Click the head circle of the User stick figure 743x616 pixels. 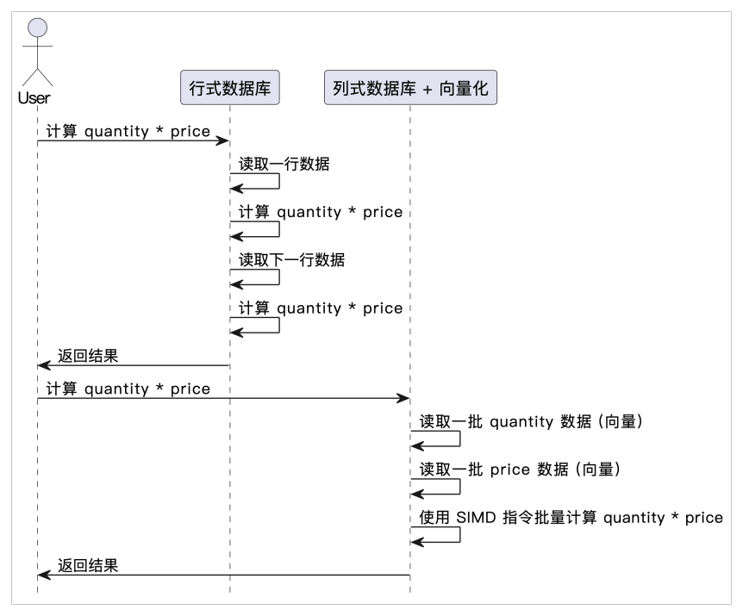pyautogui.click(x=36, y=28)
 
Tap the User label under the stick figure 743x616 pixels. pyautogui.click(x=34, y=97)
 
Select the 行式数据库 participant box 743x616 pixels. pyautogui.click(x=230, y=88)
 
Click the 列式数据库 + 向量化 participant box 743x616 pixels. pyautogui.click(x=410, y=88)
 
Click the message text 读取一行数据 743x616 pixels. pyautogui.click(x=284, y=164)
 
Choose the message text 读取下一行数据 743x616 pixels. pyautogui.click(x=291, y=259)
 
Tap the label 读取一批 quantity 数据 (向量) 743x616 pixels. pyautogui.click(x=531, y=421)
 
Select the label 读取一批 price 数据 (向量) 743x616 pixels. pyautogui.click(x=520, y=470)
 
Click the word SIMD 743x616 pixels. pyautogui.click(x=475, y=518)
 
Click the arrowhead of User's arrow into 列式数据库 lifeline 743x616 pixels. pyautogui.click(x=403, y=398)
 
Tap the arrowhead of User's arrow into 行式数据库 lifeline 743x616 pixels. pyautogui.click(x=222, y=140)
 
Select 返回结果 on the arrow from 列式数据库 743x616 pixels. pyautogui.click(x=88, y=566)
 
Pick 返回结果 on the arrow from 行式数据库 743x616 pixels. pyautogui.click(x=88, y=356)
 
